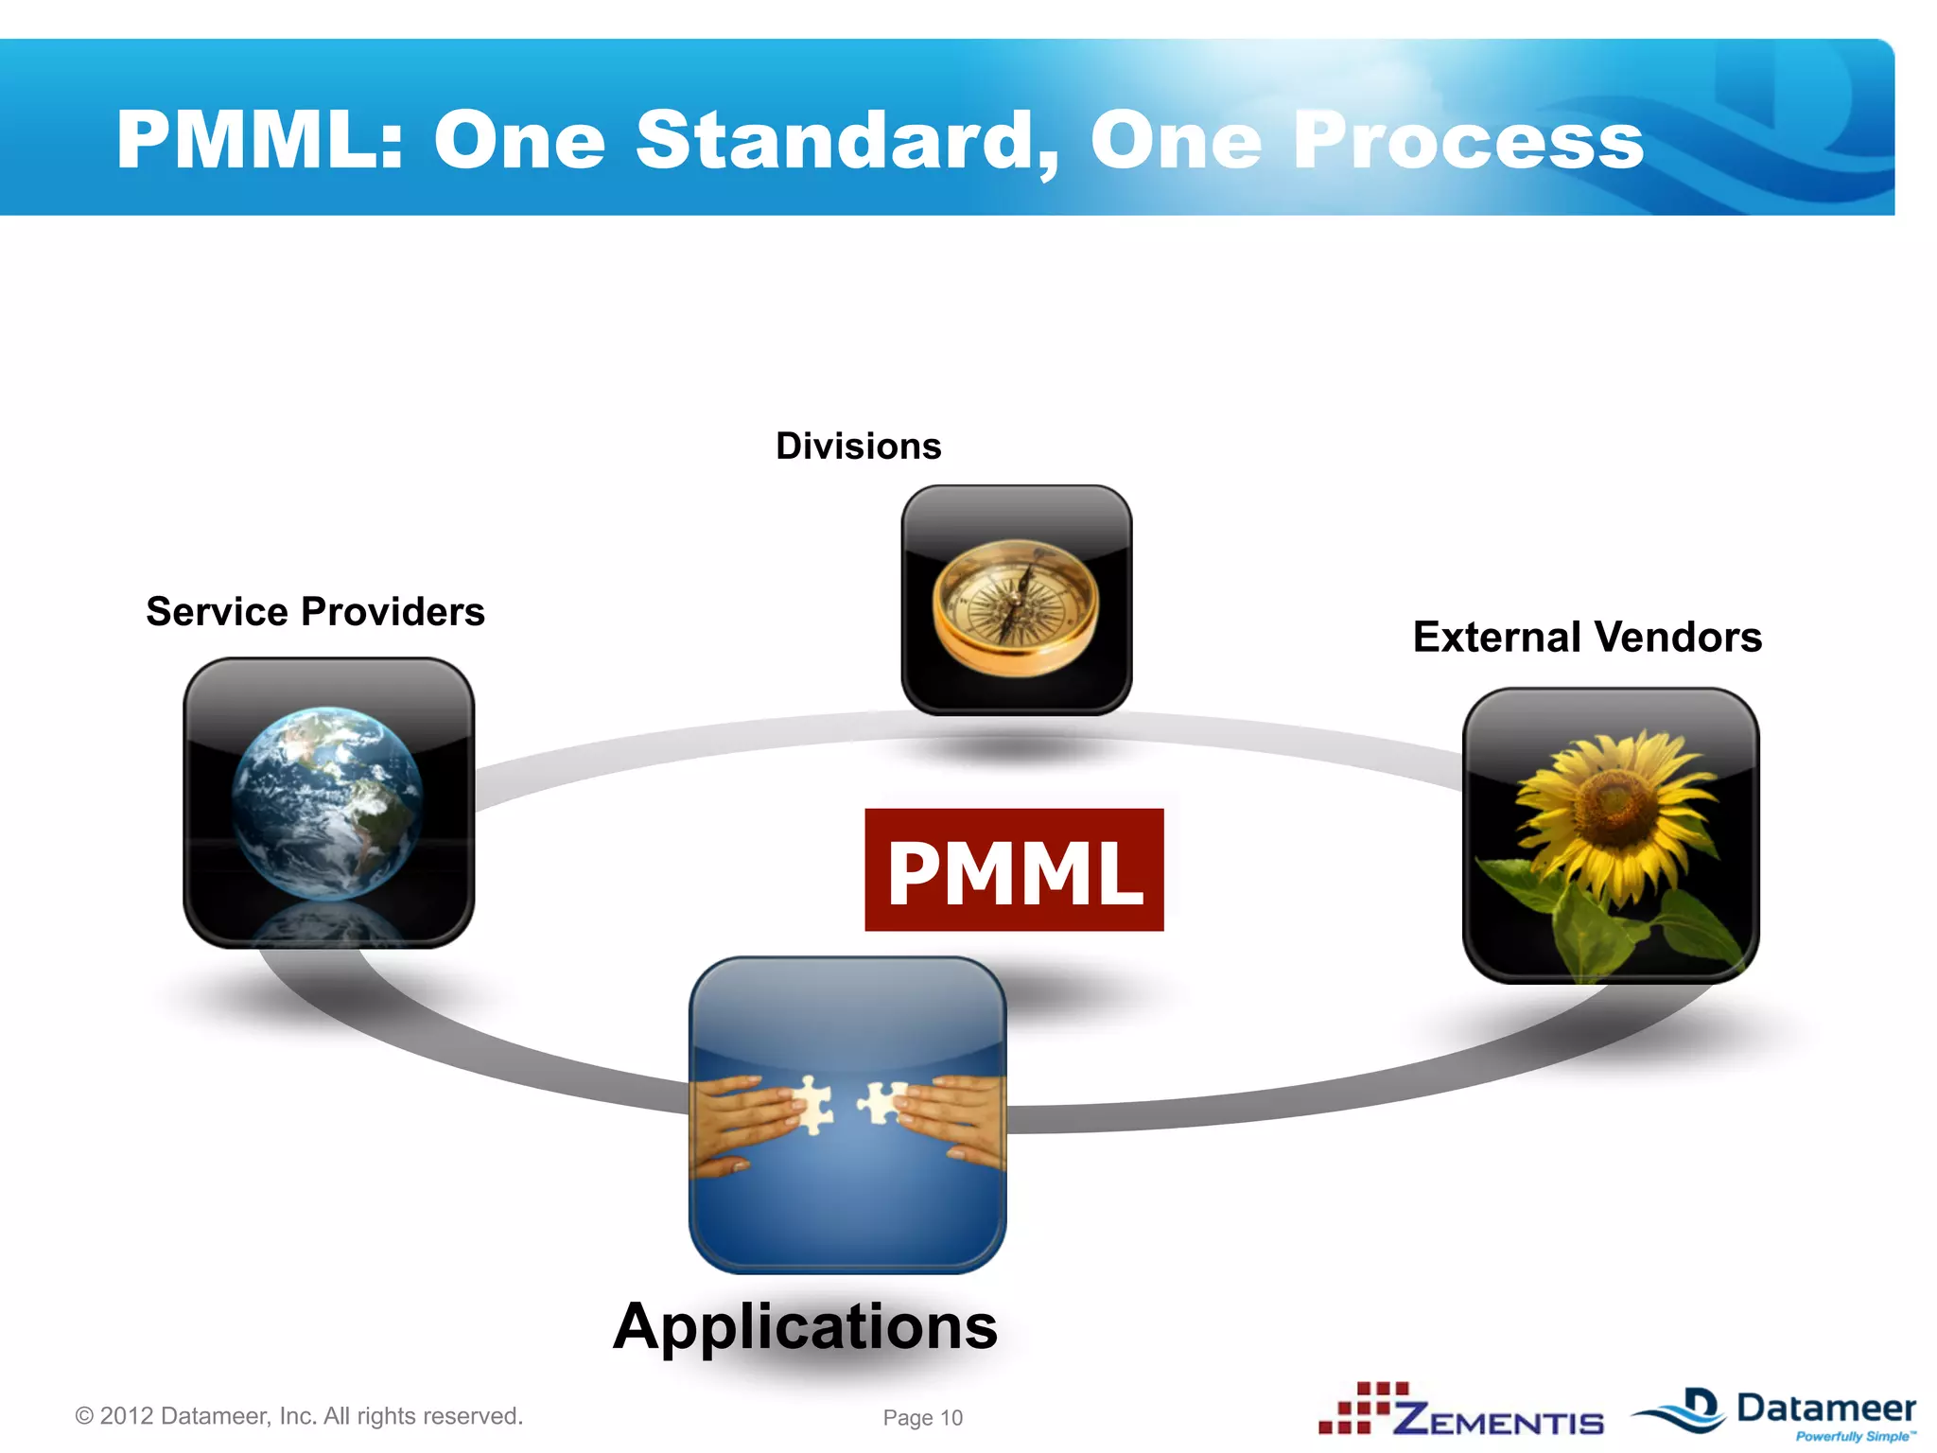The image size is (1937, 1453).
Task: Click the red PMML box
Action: [x=1014, y=870]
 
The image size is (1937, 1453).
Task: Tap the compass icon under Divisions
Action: [x=1016, y=600]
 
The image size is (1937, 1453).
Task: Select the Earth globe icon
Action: [x=328, y=802]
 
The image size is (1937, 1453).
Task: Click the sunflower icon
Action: [x=1611, y=835]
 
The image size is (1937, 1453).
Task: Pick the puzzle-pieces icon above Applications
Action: [x=847, y=1114]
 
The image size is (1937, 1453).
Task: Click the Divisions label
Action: [x=858, y=446]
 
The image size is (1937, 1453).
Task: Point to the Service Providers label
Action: [x=315, y=612]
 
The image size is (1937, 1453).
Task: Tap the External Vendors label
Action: [x=1587, y=637]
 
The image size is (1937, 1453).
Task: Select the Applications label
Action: [x=805, y=1326]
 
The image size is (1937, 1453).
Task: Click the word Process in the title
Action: [x=1468, y=140]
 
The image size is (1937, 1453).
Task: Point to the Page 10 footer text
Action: [x=922, y=1417]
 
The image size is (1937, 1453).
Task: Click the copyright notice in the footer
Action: [x=299, y=1416]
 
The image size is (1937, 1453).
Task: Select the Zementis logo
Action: [x=1462, y=1411]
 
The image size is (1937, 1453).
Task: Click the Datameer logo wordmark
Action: [x=1826, y=1409]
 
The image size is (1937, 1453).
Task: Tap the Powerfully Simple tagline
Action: [x=1855, y=1437]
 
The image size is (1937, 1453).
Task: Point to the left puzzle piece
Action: [x=811, y=1105]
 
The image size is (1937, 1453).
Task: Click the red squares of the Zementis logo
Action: [x=1364, y=1407]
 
